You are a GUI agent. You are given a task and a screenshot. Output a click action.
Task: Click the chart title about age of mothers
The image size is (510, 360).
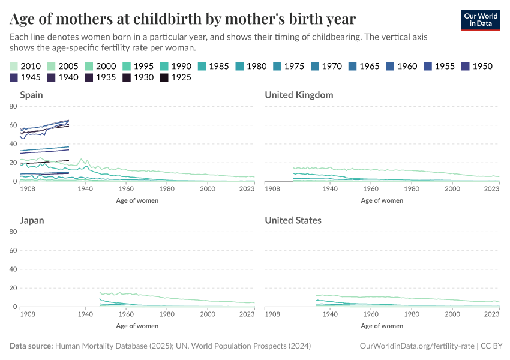tap(183, 19)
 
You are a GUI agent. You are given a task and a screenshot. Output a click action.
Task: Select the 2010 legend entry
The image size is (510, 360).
tap(26, 66)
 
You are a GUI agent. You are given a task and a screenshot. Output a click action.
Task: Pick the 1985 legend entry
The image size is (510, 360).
tap(212, 66)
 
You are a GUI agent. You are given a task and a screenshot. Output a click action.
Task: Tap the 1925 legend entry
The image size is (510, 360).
tap(176, 77)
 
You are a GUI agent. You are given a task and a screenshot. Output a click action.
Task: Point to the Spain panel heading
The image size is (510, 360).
tap(31, 95)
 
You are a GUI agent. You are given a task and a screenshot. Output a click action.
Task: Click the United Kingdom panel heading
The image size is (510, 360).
tap(299, 95)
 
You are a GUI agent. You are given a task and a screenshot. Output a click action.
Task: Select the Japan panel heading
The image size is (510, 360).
tap(32, 220)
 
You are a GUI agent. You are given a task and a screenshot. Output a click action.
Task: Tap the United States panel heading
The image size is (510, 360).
tap(293, 220)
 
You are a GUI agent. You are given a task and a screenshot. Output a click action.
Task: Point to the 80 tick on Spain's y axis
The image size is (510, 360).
tap(13, 106)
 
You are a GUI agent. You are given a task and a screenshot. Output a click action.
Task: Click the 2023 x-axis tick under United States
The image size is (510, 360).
tap(491, 314)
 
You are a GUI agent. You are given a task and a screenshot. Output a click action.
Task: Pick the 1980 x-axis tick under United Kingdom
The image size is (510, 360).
tap(411, 189)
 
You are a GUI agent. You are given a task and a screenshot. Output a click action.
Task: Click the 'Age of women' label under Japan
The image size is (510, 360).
tap(137, 326)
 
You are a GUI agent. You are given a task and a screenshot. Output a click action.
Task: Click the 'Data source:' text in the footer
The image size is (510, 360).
tap(32, 346)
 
